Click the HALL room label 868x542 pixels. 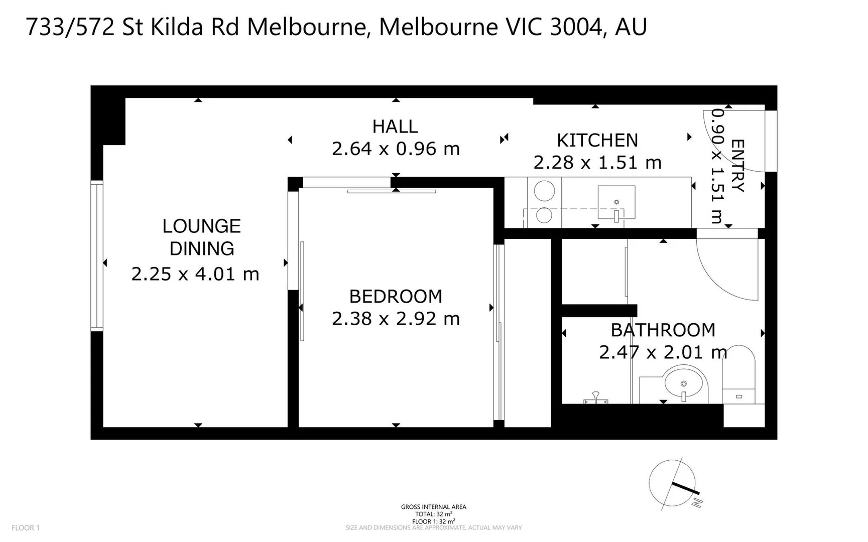(395, 126)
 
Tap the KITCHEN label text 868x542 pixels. (597, 141)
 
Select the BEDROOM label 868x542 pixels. (396, 297)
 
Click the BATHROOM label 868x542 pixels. (663, 330)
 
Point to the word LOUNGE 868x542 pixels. (201, 226)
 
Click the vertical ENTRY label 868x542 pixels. (737, 166)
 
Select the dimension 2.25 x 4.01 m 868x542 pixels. (195, 274)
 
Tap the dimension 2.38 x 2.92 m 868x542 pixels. (396, 319)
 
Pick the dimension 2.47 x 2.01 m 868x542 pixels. (663, 352)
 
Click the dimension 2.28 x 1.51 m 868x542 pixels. (597, 163)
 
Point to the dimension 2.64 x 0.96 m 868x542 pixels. (396, 149)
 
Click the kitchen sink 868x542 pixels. (616, 202)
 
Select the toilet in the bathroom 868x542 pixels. (738, 374)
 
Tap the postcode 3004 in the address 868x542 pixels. (575, 27)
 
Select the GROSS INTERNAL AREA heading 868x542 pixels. (433, 507)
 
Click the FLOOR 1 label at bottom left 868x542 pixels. (26, 527)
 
